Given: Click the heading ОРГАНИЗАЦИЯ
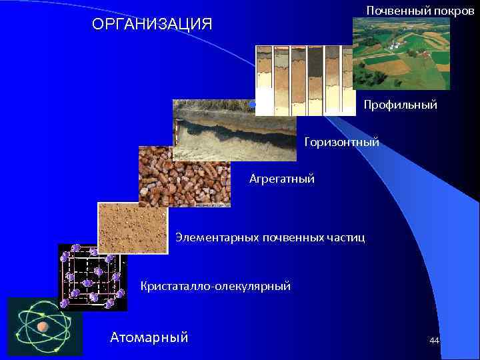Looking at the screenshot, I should coord(152,25).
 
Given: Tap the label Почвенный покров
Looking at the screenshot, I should coord(415,11).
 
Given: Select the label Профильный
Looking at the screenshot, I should coord(400,105).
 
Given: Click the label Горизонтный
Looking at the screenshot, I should coord(341,141).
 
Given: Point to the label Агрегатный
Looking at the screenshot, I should coord(281,179).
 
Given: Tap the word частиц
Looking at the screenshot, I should coord(347,237).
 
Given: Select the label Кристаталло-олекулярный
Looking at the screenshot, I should coord(215,286).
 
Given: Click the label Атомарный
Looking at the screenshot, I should coord(149,337).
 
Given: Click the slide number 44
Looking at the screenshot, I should coord(434,341).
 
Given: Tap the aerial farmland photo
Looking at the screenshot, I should coord(401,53).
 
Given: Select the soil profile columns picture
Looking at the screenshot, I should coord(305,79).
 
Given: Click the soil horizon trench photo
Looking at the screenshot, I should coord(235,130).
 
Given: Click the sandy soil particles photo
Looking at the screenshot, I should coord(132,228).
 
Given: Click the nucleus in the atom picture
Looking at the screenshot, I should coord(43,327).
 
